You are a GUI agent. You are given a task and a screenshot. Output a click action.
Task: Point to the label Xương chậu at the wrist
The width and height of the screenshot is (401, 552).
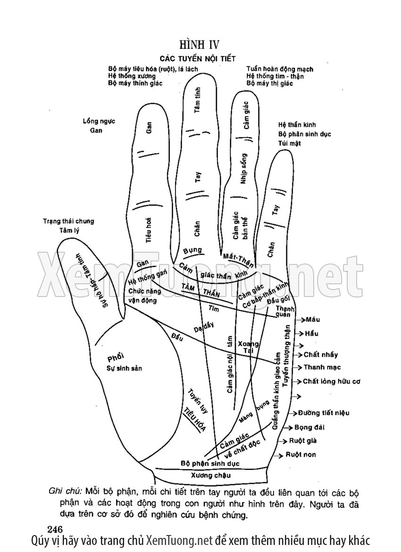tap(208, 475)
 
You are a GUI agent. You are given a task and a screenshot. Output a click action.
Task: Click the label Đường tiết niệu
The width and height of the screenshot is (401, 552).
tap(323, 413)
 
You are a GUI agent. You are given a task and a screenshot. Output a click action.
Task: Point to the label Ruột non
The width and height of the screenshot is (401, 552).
tap(301, 454)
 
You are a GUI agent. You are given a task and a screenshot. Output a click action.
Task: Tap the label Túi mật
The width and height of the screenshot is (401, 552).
tap(289, 143)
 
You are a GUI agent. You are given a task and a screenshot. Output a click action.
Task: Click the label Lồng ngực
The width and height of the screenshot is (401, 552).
tap(99, 122)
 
